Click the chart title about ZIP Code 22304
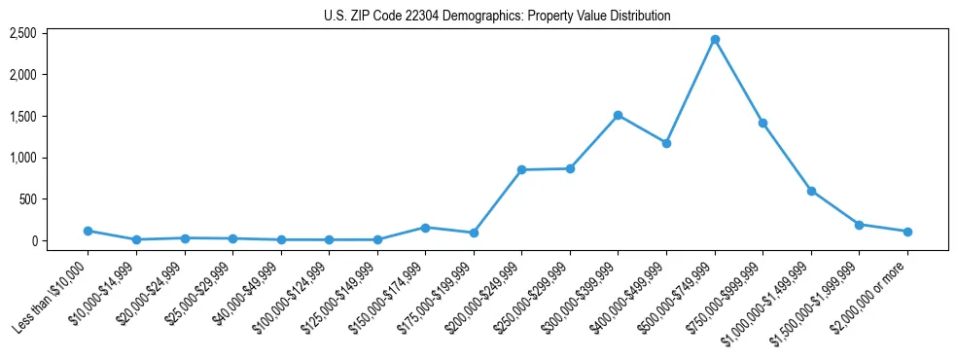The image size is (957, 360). (x=497, y=16)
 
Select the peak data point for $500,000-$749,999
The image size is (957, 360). (x=715, y=39)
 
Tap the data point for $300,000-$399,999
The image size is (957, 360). (x=619, y=115)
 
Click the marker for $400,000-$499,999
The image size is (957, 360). (x=666, y=143)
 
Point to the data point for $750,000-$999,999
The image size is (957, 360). (x=762, y=123)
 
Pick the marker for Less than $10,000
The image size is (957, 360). (x=89, y=231)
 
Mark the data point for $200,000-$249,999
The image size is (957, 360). (x=522, y=169)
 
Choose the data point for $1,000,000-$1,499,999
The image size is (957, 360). (x=811, y=191)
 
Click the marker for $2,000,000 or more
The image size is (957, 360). (x=907, y=232)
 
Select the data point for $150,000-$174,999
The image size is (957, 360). (x=425, y=227)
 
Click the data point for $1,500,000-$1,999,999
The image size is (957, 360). (x=859, y=225)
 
